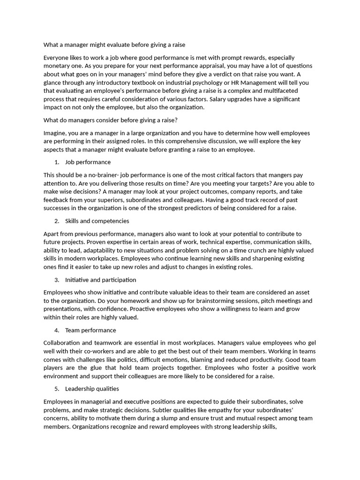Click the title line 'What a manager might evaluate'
tap(114, 45)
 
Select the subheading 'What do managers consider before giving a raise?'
tap(111, 120)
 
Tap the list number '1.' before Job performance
tap(57, 162)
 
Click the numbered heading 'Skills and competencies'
tap(97, 221)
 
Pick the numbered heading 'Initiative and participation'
tap(100, 280)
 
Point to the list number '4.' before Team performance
tap(57, 330)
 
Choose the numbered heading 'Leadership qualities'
tap(92, 389)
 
